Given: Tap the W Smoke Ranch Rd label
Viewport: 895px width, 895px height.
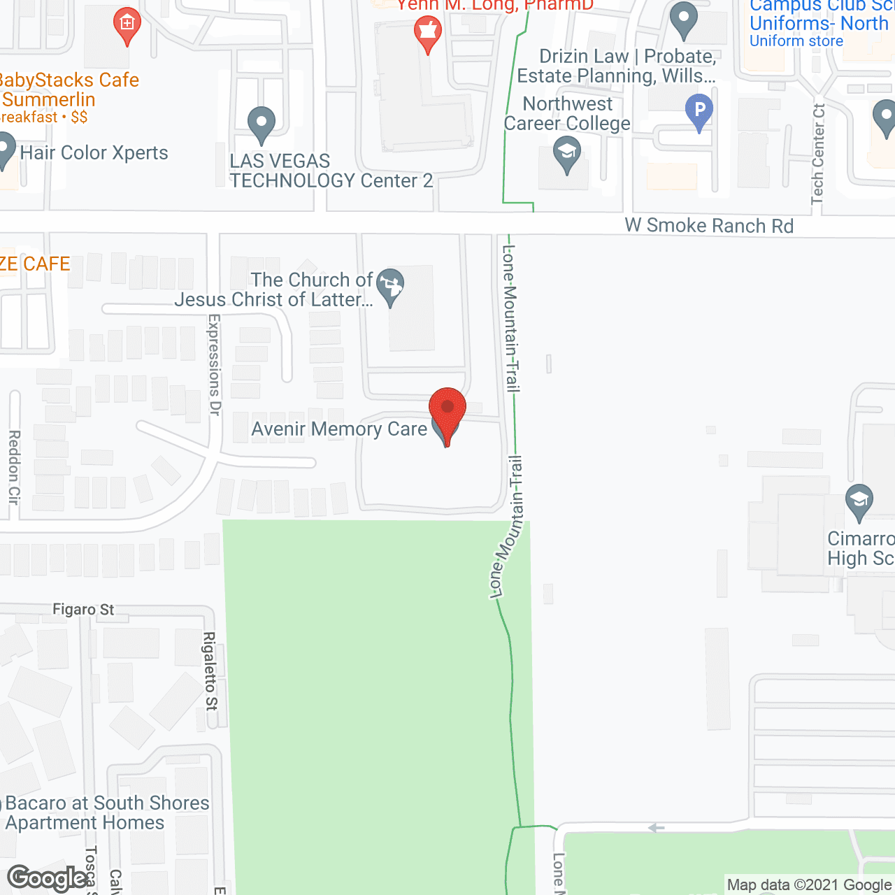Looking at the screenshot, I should click(709, 226).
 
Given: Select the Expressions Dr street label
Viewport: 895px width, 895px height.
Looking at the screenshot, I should click(215, 365).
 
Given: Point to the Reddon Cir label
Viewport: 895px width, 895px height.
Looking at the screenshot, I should click(14, 467).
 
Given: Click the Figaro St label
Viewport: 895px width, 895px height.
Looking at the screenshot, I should click(83, 610).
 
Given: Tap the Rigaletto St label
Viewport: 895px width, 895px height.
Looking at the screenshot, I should click(210, 671).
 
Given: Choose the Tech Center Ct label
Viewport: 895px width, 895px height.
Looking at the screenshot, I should click(819, 155).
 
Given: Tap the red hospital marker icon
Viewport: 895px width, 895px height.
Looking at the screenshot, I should click(127, 24).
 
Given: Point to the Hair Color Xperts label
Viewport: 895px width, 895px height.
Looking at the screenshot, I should click(94, 152).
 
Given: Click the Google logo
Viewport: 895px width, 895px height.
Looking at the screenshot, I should click(47, 878).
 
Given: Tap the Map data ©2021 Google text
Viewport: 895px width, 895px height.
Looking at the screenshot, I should click(809, 885).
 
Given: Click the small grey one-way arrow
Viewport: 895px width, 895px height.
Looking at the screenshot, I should click(656, 828).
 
